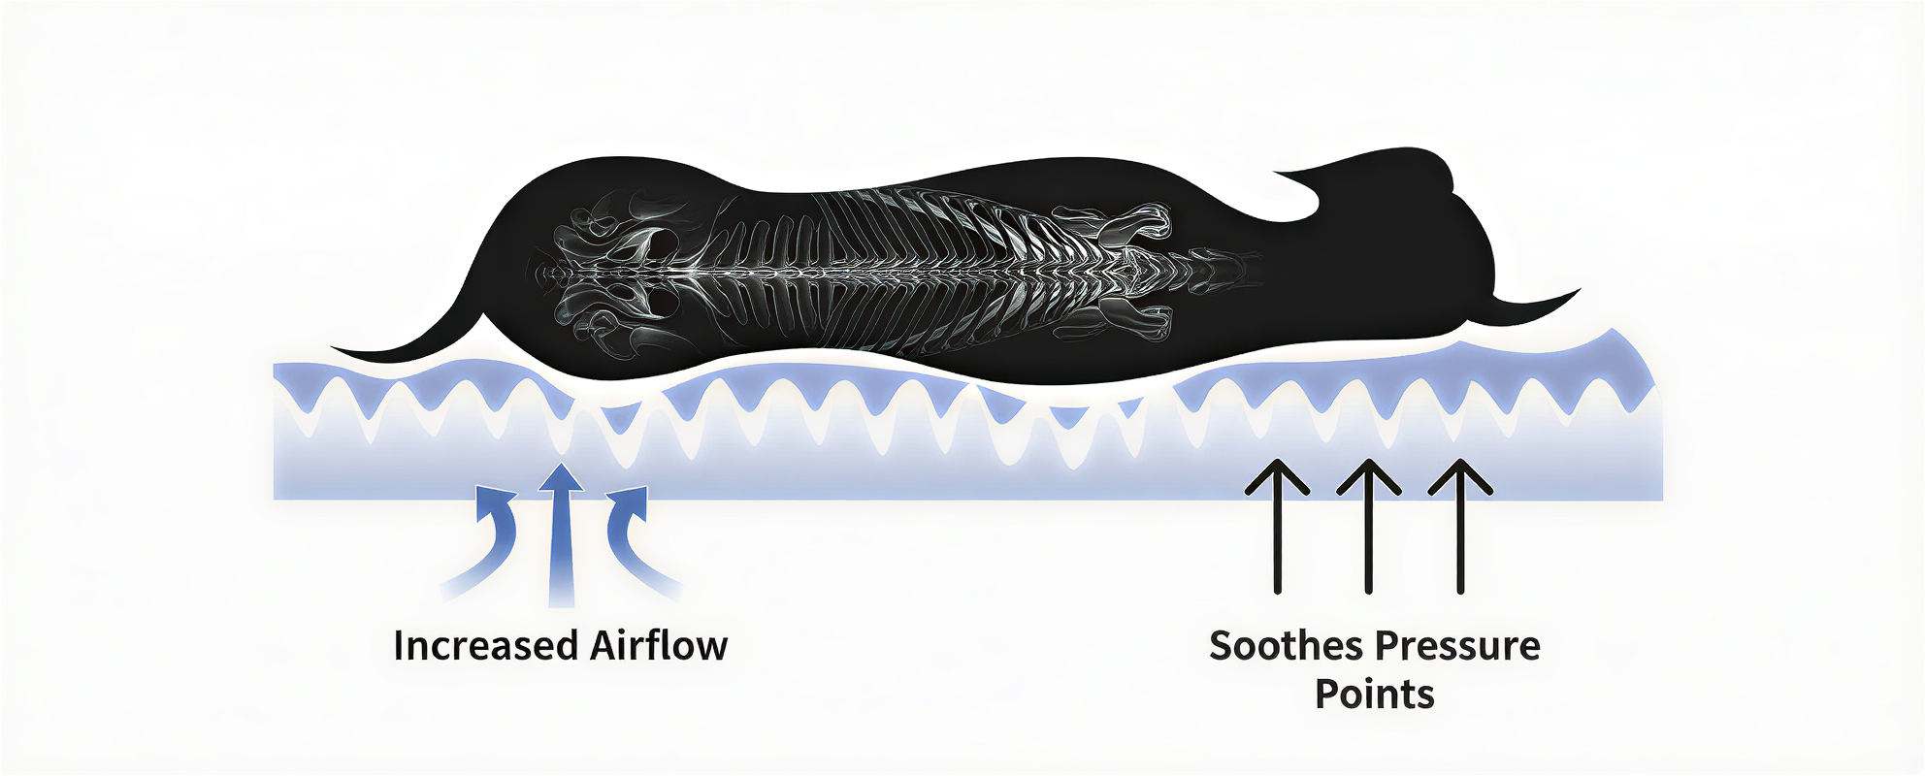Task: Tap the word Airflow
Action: pos(659,646)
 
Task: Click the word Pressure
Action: pos(1457,646)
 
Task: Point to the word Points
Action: pos(1375,695)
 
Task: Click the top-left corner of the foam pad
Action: pos(275,365)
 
